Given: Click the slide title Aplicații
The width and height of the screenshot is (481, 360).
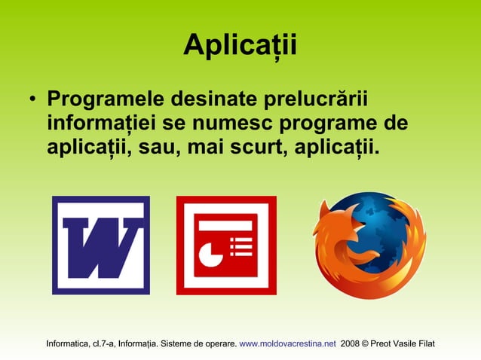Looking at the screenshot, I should pos(240,46).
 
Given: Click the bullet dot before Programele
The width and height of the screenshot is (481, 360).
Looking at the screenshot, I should pos(30,101).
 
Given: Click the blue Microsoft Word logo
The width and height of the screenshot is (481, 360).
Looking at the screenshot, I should pos(100,245).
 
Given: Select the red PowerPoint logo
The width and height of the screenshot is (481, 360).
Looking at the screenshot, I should pos(225,245).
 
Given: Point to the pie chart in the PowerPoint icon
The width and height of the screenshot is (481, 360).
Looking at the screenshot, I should pos(210,252).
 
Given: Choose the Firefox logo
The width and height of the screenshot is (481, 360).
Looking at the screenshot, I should pos(369,245).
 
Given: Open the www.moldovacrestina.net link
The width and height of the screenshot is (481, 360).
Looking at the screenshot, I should pos(287,343).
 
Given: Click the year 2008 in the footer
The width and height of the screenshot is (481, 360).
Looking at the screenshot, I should pos(351,343).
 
